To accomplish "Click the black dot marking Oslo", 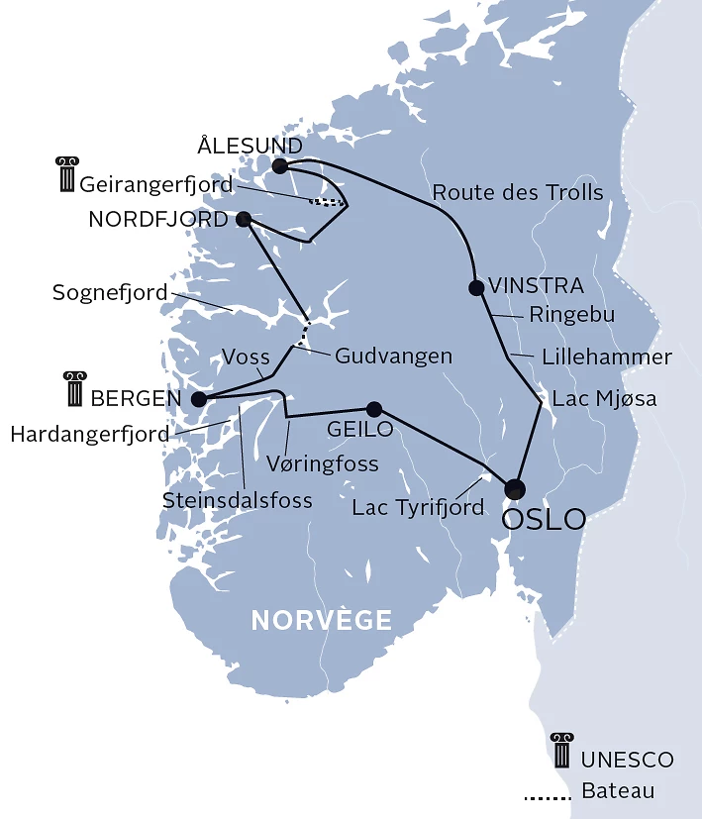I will (515, 488).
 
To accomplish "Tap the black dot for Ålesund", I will (280, 165).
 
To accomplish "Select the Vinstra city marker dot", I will (476, 288).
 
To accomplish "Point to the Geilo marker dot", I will (373, 409).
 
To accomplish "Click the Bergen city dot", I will (198, 400).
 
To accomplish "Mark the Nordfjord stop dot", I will (244, 219).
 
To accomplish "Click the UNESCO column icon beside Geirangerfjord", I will (66, 173).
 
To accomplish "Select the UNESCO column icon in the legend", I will (562, 752).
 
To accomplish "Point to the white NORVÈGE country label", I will (322, 621).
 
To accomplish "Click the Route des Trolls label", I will (518, 192).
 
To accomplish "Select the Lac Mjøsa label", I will (604, 398).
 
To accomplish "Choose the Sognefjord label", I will (110, 292).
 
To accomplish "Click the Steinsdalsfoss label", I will (238, 501).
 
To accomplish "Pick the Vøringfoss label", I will (323, 462).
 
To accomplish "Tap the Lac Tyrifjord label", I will (419, 508).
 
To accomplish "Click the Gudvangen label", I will (394, 355).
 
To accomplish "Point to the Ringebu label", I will (572, 314).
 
